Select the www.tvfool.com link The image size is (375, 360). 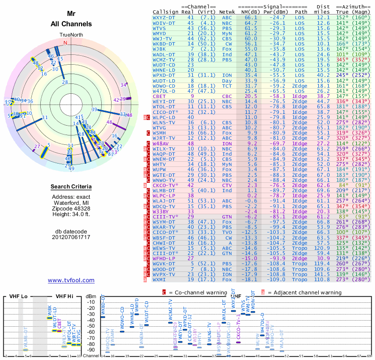pos(71,280)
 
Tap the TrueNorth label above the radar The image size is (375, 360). pos(71,35)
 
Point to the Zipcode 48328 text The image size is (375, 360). pos(71,207)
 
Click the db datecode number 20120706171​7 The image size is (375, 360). pos(71,237)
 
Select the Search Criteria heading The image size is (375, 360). pos(71,187)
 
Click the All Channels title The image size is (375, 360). pos(71,24)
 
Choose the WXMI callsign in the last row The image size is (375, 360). pos(160,280)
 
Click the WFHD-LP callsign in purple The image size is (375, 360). pos(163,258)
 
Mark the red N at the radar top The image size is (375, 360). pos(65,43)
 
